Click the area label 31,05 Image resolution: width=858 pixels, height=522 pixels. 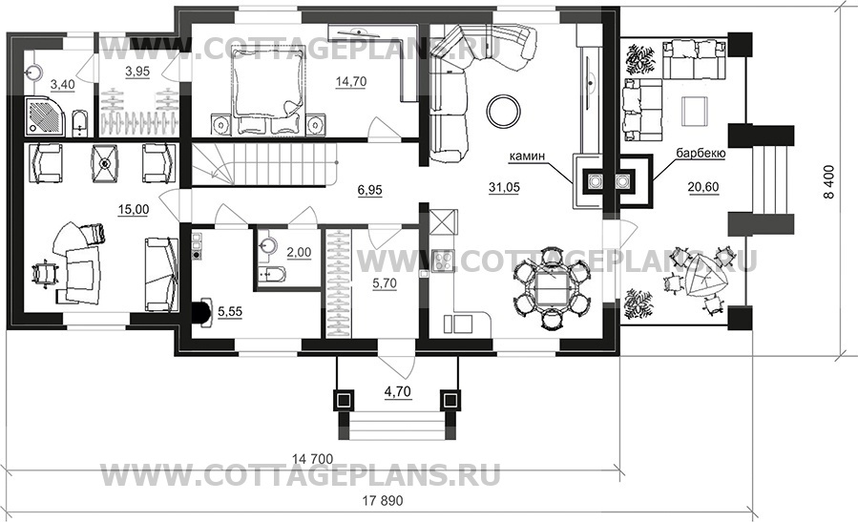point(504,188)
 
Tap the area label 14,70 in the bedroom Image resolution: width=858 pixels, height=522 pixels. point(351,82)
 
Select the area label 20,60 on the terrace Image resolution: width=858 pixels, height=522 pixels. point(703,187)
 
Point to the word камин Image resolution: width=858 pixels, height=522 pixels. point(527,157)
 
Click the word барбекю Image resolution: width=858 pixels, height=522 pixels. point(701,154)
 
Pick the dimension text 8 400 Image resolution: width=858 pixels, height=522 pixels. point(830,181)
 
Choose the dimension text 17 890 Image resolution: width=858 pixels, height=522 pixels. point(382,501)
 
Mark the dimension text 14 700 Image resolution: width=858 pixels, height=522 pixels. point(312,459)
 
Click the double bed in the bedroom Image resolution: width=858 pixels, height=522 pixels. point(267,91)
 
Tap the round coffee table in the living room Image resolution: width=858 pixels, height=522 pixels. point(504,111)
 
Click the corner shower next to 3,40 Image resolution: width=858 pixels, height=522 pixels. point(46,117)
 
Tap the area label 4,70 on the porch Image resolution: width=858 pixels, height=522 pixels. point(398,392)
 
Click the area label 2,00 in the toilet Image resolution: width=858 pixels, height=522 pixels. point(299,252)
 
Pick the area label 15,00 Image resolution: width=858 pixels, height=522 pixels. point(134,210)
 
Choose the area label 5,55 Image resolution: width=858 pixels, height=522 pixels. point(230,312)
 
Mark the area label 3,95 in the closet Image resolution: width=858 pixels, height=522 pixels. point(137,72)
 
